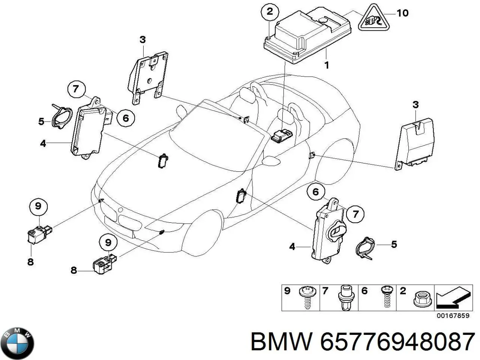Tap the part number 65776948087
pos(397,342)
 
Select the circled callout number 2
pos(270,12)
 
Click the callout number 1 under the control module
pos(327,65)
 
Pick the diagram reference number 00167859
pos(453,316)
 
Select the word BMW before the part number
pos(281,342)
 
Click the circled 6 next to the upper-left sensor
pos(125,118)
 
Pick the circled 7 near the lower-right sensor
pos(355,214)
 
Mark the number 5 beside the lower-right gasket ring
pos(394,244)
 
